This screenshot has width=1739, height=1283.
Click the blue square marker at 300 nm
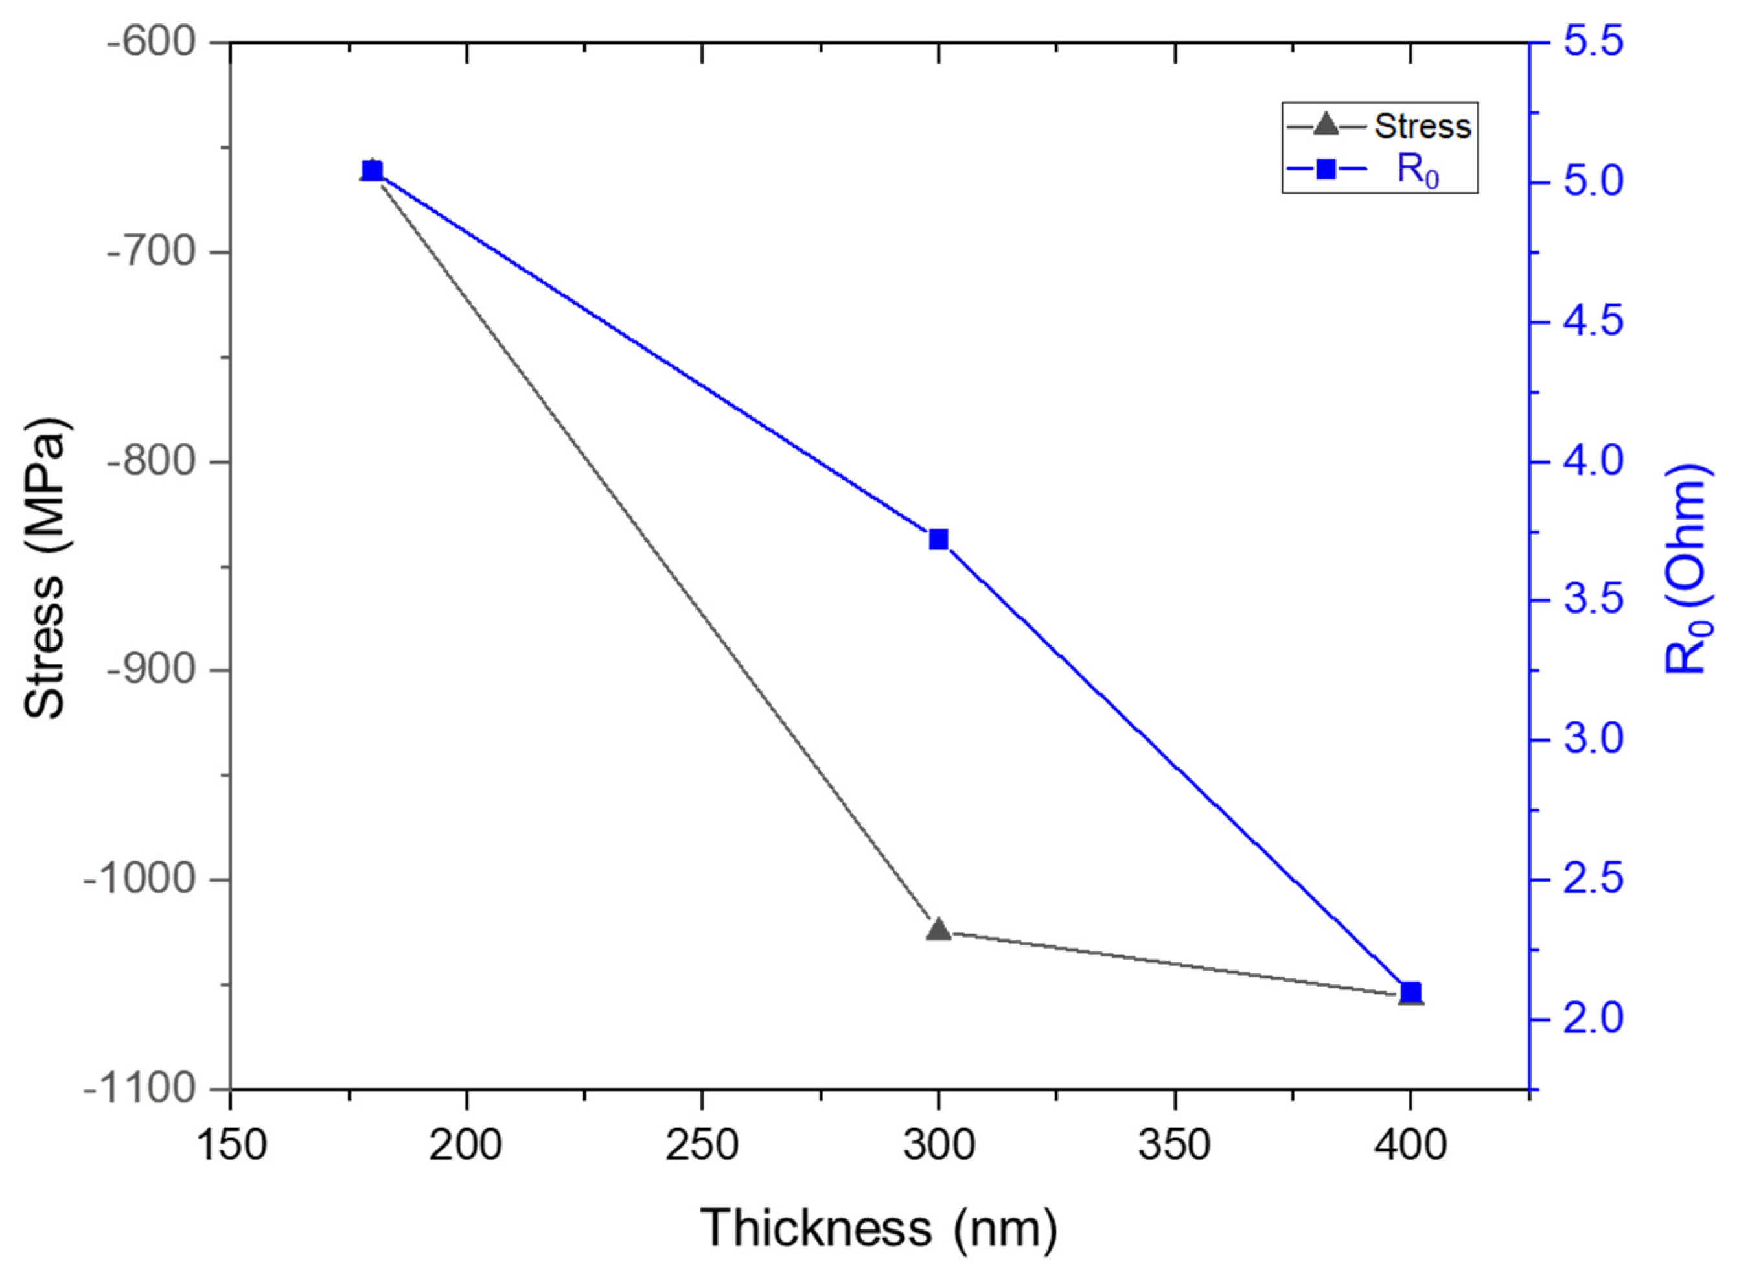939,539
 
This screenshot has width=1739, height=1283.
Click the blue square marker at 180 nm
373,172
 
